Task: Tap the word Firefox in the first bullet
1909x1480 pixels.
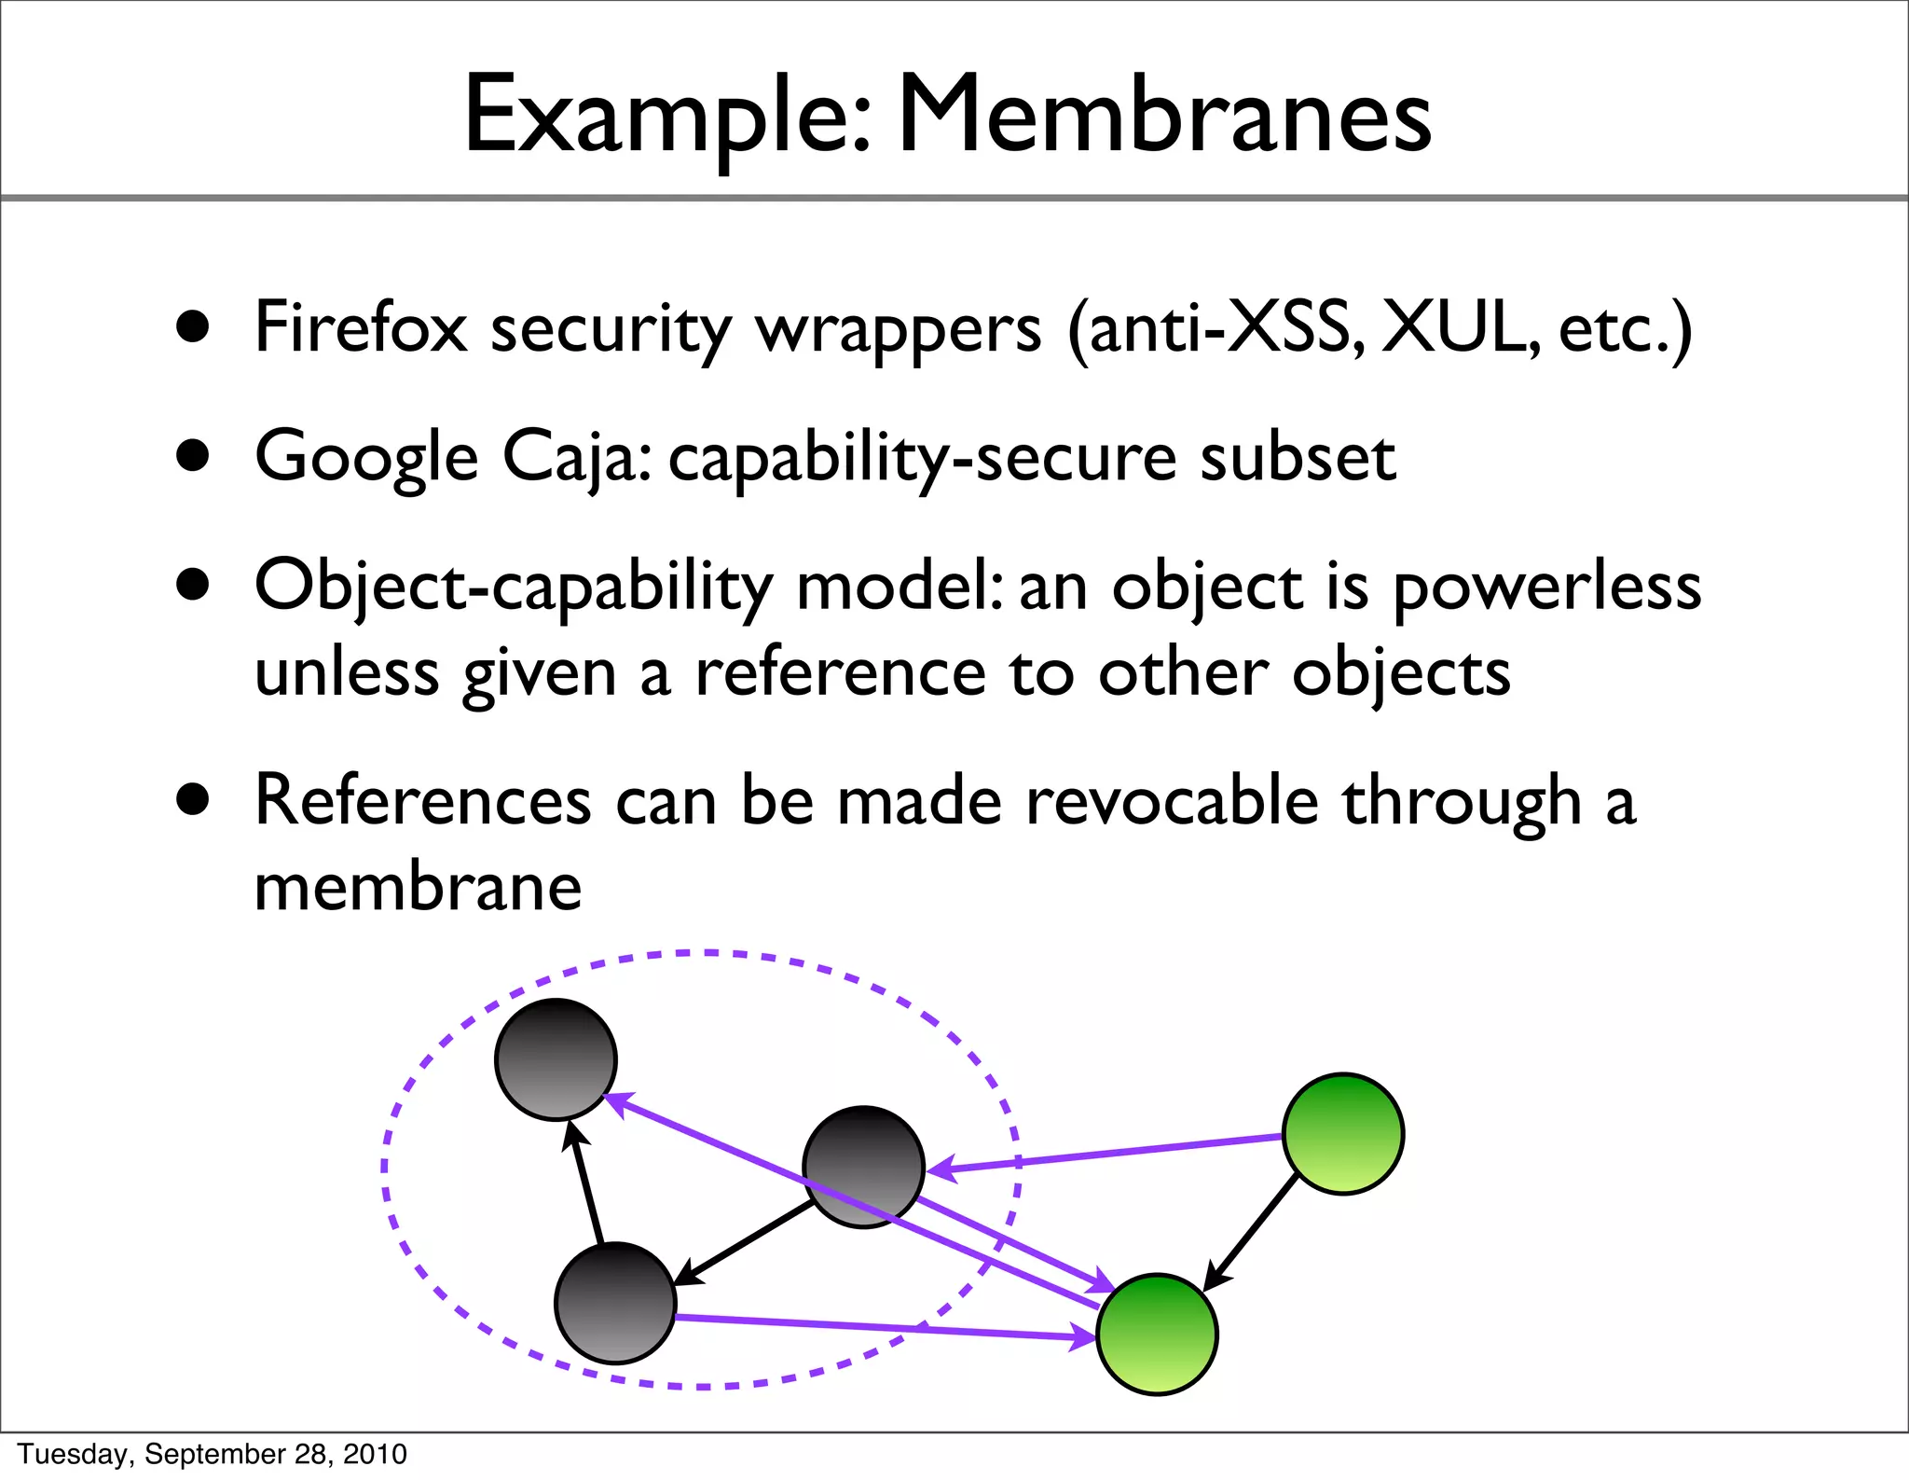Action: coord(360,328)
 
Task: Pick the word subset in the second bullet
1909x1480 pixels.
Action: coord(1298,457)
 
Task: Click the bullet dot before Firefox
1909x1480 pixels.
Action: coord(193,328)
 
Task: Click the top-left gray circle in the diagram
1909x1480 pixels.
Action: coord(556,1058)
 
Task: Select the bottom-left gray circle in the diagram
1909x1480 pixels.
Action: coord(615,1302)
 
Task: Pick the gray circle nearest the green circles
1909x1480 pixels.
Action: coord(863,1167)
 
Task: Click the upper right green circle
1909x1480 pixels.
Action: coord(1343,1133)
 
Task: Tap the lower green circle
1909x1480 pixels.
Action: coord(1157,1334)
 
